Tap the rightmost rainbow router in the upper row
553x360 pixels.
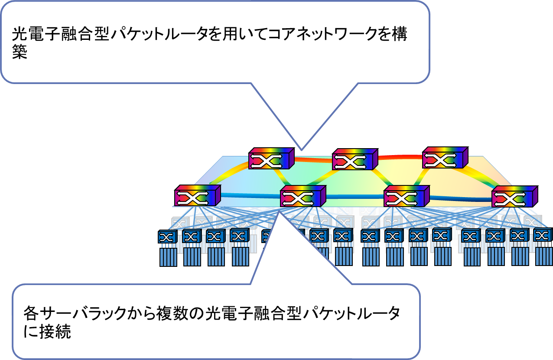click(x=445, y=158)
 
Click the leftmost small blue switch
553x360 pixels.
click(x=168, y=237)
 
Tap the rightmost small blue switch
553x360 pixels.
click(x=543, y=235)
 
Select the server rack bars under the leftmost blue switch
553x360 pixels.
click(x=168, y=256)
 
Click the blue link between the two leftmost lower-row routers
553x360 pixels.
click(x=249, y=196)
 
